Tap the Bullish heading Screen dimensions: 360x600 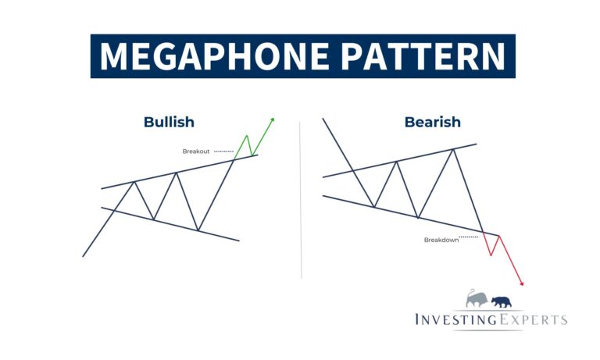tap(169, 122)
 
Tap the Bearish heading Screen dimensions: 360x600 tap(432, 122)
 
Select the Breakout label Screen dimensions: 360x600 tap(196, 151)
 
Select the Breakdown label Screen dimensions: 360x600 tap(441, 240)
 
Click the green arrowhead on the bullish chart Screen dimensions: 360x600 tap(273, 120)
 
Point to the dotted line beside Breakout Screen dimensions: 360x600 tap(223, 151)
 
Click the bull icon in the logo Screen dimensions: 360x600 tap(477, 298)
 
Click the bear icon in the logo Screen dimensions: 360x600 tap(502, 301)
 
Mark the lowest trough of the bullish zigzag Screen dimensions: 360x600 tap(198, 230)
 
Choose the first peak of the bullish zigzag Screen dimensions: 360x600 tap(134, 182)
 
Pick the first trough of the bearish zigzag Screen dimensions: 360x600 tap(375, 207)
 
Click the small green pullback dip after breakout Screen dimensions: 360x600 tap(252, 154)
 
